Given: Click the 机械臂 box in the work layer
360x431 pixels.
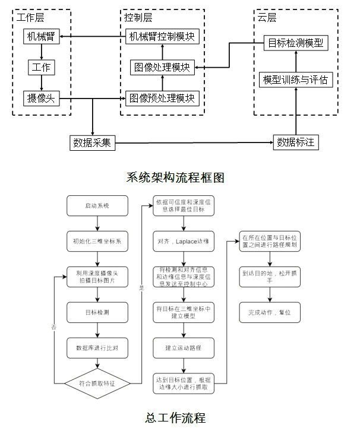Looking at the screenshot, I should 41,37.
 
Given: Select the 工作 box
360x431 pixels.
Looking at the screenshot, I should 41,67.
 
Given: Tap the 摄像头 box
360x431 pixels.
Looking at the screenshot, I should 41,97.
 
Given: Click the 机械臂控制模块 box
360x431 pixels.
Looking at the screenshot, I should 162,37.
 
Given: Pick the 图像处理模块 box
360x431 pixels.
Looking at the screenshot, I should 162,67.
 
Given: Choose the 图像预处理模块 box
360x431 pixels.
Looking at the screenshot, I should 162,97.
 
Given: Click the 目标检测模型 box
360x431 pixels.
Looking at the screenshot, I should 295,43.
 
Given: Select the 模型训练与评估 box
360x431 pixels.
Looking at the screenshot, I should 295,80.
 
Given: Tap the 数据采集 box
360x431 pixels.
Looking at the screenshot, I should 92,142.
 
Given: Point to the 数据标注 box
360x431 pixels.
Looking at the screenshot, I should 295,142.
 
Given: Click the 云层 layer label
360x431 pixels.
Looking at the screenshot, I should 267,17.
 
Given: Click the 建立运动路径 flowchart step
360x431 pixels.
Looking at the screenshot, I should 182,347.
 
